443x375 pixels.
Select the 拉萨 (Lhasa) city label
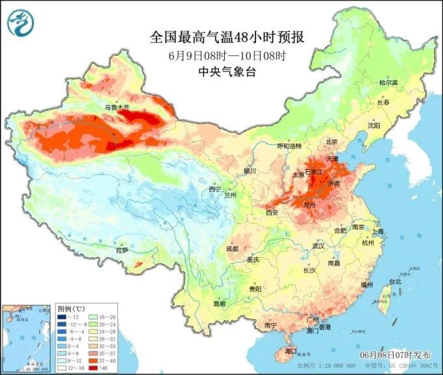click(x=122, y=250)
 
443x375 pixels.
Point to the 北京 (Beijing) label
click(x=332, y=141)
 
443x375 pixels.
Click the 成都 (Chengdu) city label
click(x=232, y=249)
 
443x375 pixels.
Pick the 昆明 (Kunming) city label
click(x=219, y=303)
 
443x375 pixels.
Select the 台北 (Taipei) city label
click(x=395, y=282)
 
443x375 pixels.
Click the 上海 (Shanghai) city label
click(x=379, y=231)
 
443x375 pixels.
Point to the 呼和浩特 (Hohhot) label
click(x=290, y=146)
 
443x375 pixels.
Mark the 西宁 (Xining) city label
click(x=215, y=189)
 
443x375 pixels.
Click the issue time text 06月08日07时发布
click(x=395, y=355)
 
